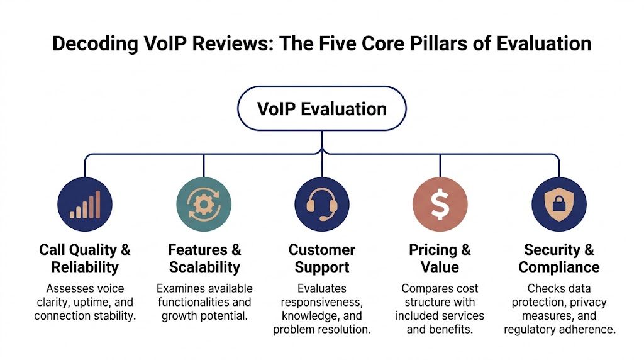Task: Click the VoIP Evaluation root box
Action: coord(321,108)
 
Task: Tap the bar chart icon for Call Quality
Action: coord(85,205)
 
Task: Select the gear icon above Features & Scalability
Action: coord(204,205)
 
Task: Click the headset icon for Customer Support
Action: coord(321,205)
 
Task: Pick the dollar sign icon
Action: coord(440,205)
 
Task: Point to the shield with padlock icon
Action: coord(558,205)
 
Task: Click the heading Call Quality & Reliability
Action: coord(85,258)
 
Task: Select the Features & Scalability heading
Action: coord(204,258)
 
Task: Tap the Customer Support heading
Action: coord(321,258)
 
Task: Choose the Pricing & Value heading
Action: coord(440,258)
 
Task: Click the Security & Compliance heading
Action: coord(558,258)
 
